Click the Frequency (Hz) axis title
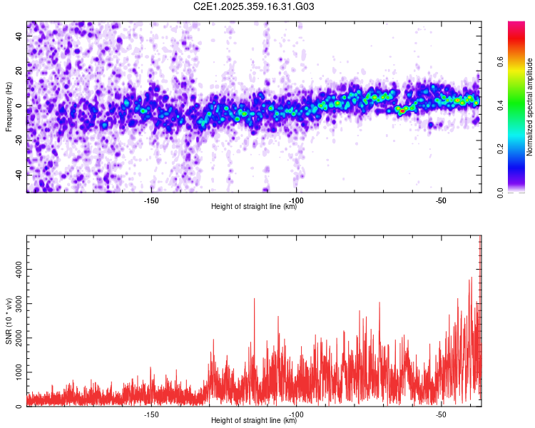9,106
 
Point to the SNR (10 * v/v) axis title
9,320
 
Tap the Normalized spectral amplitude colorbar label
530,106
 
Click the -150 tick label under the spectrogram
151,199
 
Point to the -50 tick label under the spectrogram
441,199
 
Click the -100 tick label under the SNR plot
296,413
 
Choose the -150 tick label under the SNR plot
151,413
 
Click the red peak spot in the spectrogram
402,111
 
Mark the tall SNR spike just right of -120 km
254,300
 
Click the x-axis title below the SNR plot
254,421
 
